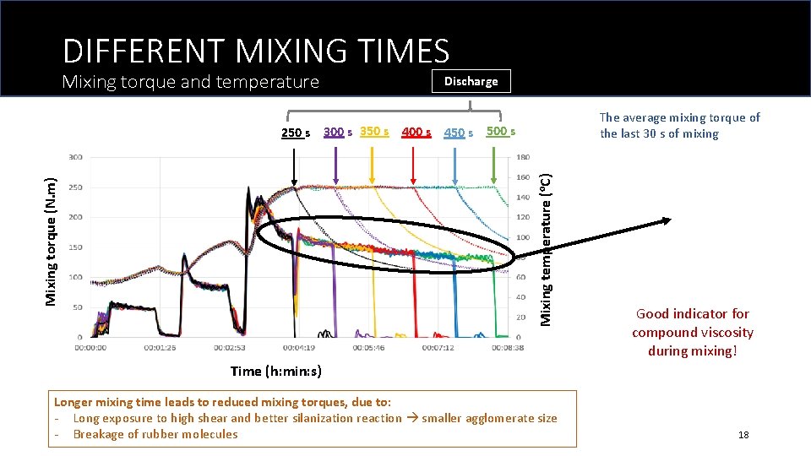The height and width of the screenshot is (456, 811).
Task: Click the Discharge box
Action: (x=471, y=81)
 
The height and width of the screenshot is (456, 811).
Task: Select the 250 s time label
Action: (x=296, y=133)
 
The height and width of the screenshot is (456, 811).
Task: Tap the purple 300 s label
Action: (x=339, y=132)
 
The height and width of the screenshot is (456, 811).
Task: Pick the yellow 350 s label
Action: (x=374, y=131)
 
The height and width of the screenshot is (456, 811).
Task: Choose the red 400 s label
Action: (x=416, y=132)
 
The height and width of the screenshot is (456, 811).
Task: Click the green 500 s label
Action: (x=500, y=131)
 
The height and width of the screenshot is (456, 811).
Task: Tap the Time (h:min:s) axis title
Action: (x=276, y=371)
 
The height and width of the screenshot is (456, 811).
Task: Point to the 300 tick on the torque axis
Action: (x=76, y=157)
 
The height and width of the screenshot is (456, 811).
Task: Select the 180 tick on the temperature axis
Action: (x=524, y=157)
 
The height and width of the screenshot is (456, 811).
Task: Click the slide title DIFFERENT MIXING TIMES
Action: (x=255, y=52)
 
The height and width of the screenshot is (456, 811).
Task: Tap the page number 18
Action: (x=743, y=435)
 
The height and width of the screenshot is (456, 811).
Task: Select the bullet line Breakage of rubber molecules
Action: (x=155, y=434)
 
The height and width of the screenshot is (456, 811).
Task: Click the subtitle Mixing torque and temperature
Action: (x=191, y=82)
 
